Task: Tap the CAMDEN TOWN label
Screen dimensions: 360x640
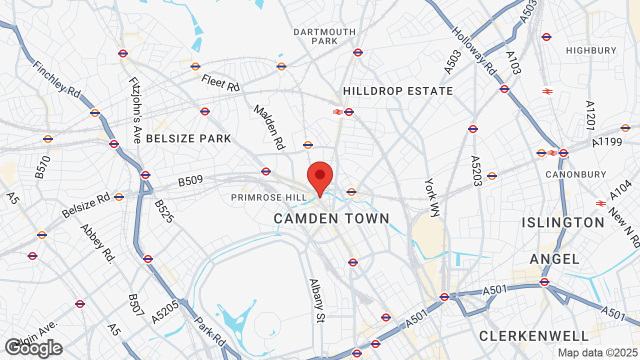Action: coord(331,218)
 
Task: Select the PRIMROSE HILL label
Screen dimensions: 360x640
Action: coord(269,198)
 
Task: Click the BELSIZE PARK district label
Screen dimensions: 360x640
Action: coord(188,138)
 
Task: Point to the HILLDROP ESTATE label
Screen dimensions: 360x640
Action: coord(398,91)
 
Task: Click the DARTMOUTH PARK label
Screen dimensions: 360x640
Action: coord(324,36)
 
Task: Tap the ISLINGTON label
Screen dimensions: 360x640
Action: coord(563,222)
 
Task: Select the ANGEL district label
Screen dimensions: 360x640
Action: coord(554,258)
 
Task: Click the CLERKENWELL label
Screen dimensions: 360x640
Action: coord(534,336)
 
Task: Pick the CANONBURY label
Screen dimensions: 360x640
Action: coord(575,174)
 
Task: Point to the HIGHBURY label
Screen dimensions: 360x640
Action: coord(591,50)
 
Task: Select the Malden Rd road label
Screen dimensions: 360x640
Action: coord(269,127)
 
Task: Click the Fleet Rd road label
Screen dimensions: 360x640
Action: coord(220,82)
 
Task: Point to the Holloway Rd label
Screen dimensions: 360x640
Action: coord(474,50)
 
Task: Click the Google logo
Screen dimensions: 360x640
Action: coord(33,348)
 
